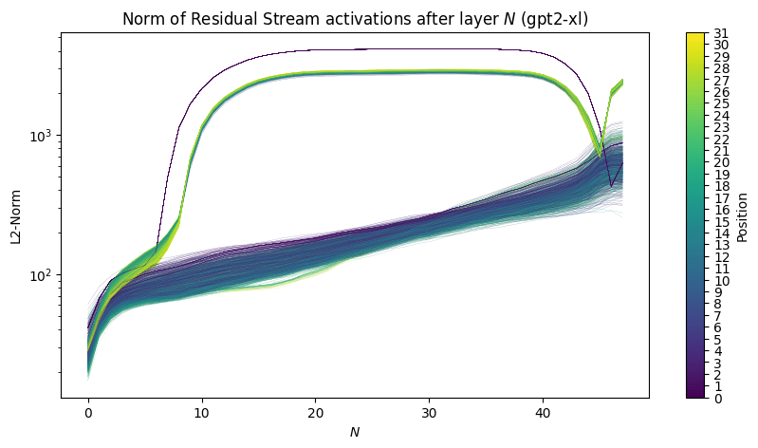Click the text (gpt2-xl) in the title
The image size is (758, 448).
click(x=551, y=19)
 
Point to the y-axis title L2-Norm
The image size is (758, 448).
click(x=17, y=215)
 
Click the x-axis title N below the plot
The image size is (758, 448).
click(x=355, y=433)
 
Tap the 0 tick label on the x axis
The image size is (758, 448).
click(x=88, y=414)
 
